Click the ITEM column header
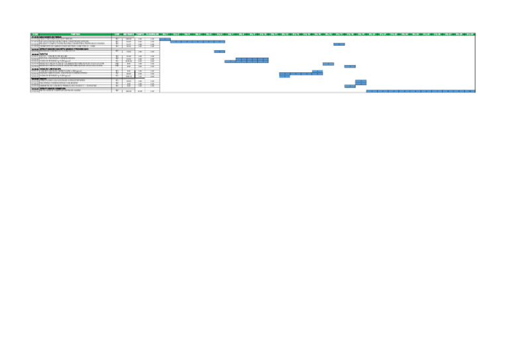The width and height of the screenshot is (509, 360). [34, 34]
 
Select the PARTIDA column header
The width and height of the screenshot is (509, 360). [76, 34]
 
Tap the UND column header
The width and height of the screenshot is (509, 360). [117, 34]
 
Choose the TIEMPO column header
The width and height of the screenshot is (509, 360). [140, 34]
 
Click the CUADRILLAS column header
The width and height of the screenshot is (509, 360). [152, 34]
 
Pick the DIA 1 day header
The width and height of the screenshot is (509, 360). [165, 34]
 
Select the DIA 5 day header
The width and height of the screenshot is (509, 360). [209, 34]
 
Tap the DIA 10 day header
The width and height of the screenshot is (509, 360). [263, 34]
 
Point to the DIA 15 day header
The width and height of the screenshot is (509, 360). [317, 34]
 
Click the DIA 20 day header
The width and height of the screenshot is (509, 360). [372, 34]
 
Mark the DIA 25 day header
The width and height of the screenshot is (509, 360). [426, 34]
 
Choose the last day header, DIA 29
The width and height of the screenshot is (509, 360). [470, 34]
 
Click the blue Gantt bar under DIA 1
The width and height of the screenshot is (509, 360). [165, 39]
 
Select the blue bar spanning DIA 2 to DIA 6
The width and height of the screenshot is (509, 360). [198, 42]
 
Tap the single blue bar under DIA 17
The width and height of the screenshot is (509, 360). [339, 44]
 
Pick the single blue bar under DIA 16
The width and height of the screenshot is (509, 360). [328, 64]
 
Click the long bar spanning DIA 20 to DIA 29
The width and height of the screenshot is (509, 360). [421, 91]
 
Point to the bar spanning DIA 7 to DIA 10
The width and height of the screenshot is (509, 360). [247, 61]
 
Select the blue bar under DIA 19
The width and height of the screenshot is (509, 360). [361, 82]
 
